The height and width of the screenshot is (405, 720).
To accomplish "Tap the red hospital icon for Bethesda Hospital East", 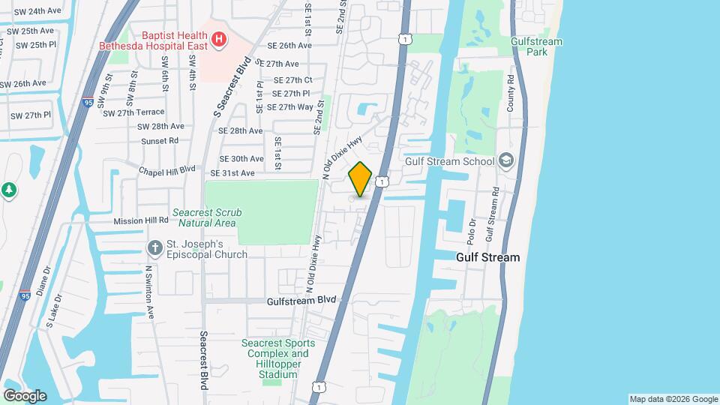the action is pyautogui.click(x=218, y=38).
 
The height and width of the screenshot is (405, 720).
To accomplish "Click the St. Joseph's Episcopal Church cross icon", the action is pyautogui.click(x=155, y=247).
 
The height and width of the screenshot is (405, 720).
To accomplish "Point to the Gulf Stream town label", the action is pyautogui.click(x=487, y=257).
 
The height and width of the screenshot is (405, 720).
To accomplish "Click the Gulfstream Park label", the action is pyautogui.click(x=536, y=47).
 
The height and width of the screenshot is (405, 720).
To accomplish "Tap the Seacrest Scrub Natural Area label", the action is pyautogui.click(x=206, y=217).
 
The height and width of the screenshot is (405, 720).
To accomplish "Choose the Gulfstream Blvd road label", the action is pyautogui.click(x=301, y=300).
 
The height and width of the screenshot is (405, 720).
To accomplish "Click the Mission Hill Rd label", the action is pyautogui.click(x=141, y=221).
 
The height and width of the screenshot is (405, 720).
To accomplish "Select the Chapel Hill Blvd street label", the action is pyautogui.click(x=166, y=171).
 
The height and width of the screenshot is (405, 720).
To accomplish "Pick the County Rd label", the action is pyautogui.click(x=510, y=94).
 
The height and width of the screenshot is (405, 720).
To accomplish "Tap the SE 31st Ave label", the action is pyautogui.click(x=232, y=173).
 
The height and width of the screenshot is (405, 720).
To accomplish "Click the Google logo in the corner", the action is pyautogui.click(x=25, y=396).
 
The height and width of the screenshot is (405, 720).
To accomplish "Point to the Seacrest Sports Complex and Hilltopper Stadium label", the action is pyautogui.click(x=278, y=358).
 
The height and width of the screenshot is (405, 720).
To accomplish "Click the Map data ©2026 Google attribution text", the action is pyautogui.click(x=673, y=399).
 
